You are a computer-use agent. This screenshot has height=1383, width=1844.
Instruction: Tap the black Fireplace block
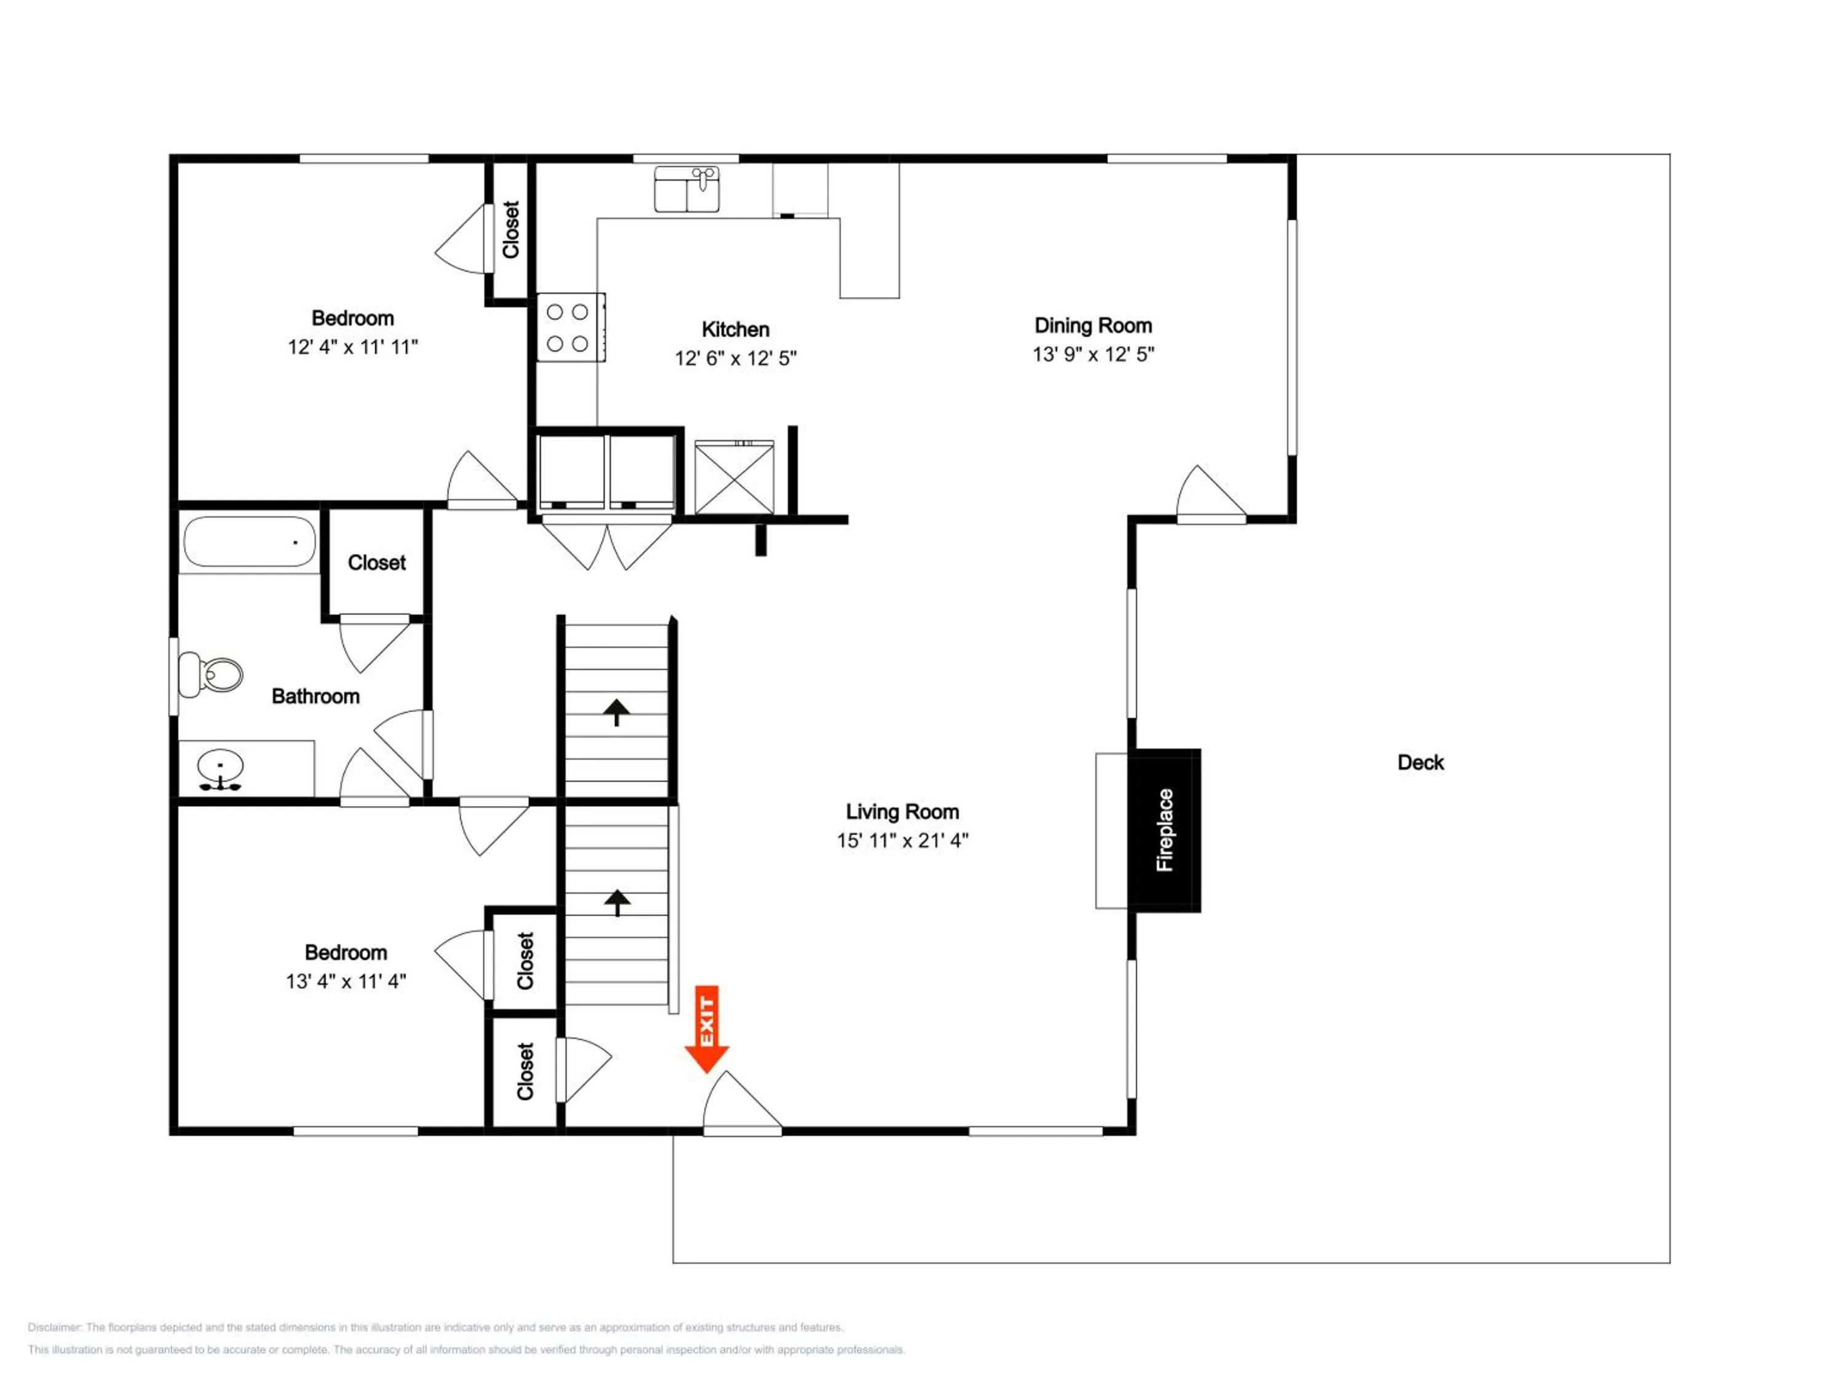pyautogui.click(x=1165, y=830)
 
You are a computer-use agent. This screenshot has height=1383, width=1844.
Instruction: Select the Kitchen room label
pyautogui.click(x=735, y=329)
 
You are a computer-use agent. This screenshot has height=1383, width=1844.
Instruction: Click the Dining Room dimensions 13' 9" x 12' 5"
pyautogui.click(x=1093, y=354)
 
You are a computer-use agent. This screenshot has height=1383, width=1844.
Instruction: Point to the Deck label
pyautogui.click(x=1420, y=762)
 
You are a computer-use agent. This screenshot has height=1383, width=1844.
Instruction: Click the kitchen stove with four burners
pyautogui.click(x=570, y=327)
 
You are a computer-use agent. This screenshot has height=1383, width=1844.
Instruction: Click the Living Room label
pyautogui.click(x=902, y=811)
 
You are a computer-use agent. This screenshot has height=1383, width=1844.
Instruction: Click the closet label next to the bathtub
pyautogui.click(x=377, y=562)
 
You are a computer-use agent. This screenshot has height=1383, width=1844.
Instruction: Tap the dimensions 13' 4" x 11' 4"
pyautogui.click(x=346, y=981)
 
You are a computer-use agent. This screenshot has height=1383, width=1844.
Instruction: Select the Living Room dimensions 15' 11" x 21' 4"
pyautogui.click(x=902, y=840)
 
